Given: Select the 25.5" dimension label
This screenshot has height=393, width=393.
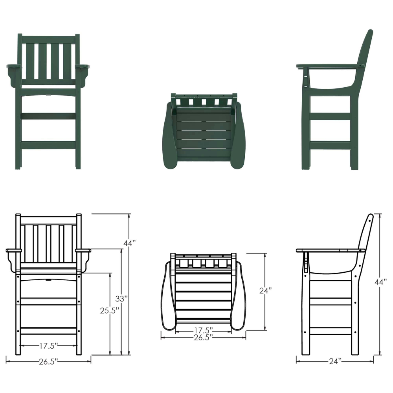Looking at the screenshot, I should [x=109, y=310].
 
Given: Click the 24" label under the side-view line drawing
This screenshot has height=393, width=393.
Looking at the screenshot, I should [x=334, y=361].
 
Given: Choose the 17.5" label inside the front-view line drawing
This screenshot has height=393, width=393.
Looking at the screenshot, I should [x=49, y=346].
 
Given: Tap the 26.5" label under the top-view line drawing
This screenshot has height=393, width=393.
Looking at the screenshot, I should [x=204, y=336].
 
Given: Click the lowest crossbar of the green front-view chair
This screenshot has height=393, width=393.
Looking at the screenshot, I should [x=48, y=145].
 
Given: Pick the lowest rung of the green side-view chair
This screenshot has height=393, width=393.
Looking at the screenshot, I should [x=330, y=145].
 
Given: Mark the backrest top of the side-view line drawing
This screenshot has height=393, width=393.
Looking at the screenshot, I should [x=370, y=217].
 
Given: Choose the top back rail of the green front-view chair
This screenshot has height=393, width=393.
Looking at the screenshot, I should [x=48, y=39].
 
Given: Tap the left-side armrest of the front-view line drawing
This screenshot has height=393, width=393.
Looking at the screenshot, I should [x=13, y=250].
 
